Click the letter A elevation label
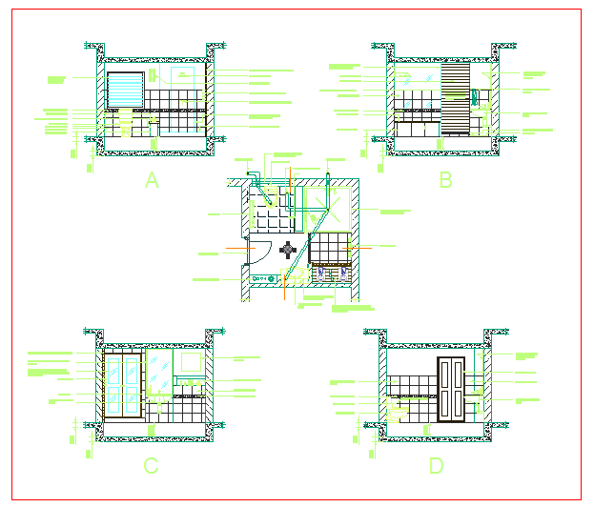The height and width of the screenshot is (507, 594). (152, 180)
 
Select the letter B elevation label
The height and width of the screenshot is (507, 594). (445, 180)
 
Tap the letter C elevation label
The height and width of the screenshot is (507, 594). (151, 466)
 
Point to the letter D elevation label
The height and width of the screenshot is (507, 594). (436, 466)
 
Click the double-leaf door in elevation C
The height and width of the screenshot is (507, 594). (124, 385)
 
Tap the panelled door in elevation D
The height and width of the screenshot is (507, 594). (451, 389)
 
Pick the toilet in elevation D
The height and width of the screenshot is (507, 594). (401, 412)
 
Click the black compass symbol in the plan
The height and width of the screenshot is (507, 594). (288, 250)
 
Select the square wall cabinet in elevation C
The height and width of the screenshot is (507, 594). (191, 362)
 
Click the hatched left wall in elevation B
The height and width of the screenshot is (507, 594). (391, 100)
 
